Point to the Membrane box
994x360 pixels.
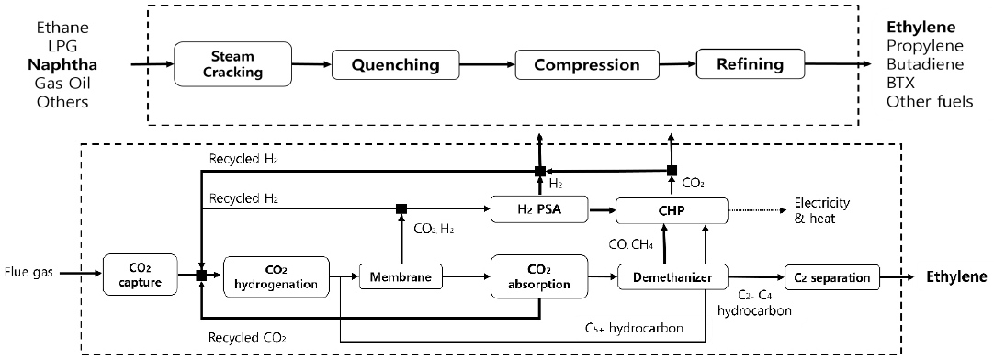click(x=401, y=275)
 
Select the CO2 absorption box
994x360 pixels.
click(x=537, y=275)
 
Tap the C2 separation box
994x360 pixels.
click(x=832, y=275)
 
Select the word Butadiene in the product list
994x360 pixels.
click(x=922, y=65)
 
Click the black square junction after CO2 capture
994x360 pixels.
click(x=200, y=275)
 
